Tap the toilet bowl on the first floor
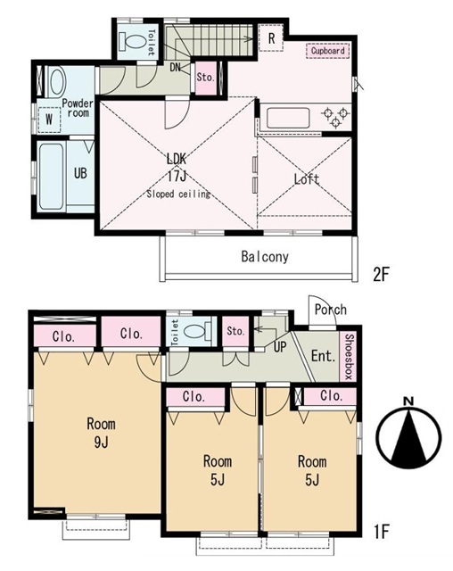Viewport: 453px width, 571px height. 196,331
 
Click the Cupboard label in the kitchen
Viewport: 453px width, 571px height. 328,51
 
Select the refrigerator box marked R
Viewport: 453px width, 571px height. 271,37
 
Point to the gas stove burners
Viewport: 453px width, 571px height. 335,117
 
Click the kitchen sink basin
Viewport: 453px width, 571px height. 288,118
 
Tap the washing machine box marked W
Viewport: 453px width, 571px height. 49,120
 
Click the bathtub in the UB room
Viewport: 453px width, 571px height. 52,177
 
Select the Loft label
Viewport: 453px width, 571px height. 307,179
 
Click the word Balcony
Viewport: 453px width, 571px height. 265,257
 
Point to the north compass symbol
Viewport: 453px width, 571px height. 409,434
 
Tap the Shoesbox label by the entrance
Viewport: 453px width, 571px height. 349,357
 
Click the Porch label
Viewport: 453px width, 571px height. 330,310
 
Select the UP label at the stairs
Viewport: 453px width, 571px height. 279,347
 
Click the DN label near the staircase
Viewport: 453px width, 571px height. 175,67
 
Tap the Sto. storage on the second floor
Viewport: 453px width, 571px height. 206,78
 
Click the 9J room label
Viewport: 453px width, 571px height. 101,433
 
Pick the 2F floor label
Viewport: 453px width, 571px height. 382,275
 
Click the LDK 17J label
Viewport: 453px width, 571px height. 177,168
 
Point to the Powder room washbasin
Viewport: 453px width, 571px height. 57,81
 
